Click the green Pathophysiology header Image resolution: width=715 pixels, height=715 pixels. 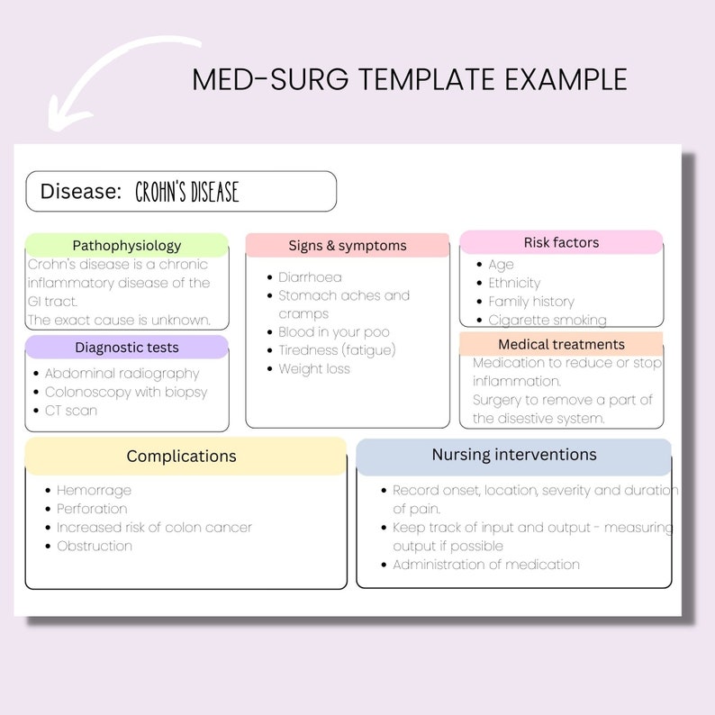coord(126,245)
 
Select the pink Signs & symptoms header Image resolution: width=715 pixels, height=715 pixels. coord(348,245)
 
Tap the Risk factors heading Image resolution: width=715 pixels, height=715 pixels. coord(561,242)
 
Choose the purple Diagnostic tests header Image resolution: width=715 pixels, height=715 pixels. coord(126,348)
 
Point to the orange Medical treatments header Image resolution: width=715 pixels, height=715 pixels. coord(561,344)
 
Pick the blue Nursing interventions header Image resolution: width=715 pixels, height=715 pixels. coord(513,455)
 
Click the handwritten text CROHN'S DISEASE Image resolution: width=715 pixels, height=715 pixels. coord(187,192)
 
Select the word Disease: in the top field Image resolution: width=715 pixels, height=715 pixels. coord(81,191)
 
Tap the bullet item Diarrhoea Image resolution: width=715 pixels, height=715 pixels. coord(310,277)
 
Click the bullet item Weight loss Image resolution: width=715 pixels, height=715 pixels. coord(314,368)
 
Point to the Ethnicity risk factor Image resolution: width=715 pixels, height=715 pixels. coord(514,283)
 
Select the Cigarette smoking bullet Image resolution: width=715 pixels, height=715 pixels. coord(548,320)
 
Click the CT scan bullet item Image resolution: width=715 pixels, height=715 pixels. coord(71,410)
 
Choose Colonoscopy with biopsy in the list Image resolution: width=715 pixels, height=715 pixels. coord(126,392)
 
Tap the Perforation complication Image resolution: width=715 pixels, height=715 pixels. coord(92,509)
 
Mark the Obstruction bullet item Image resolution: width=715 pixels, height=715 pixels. coord(95,546)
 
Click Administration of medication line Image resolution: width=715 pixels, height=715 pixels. coord(486,565)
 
